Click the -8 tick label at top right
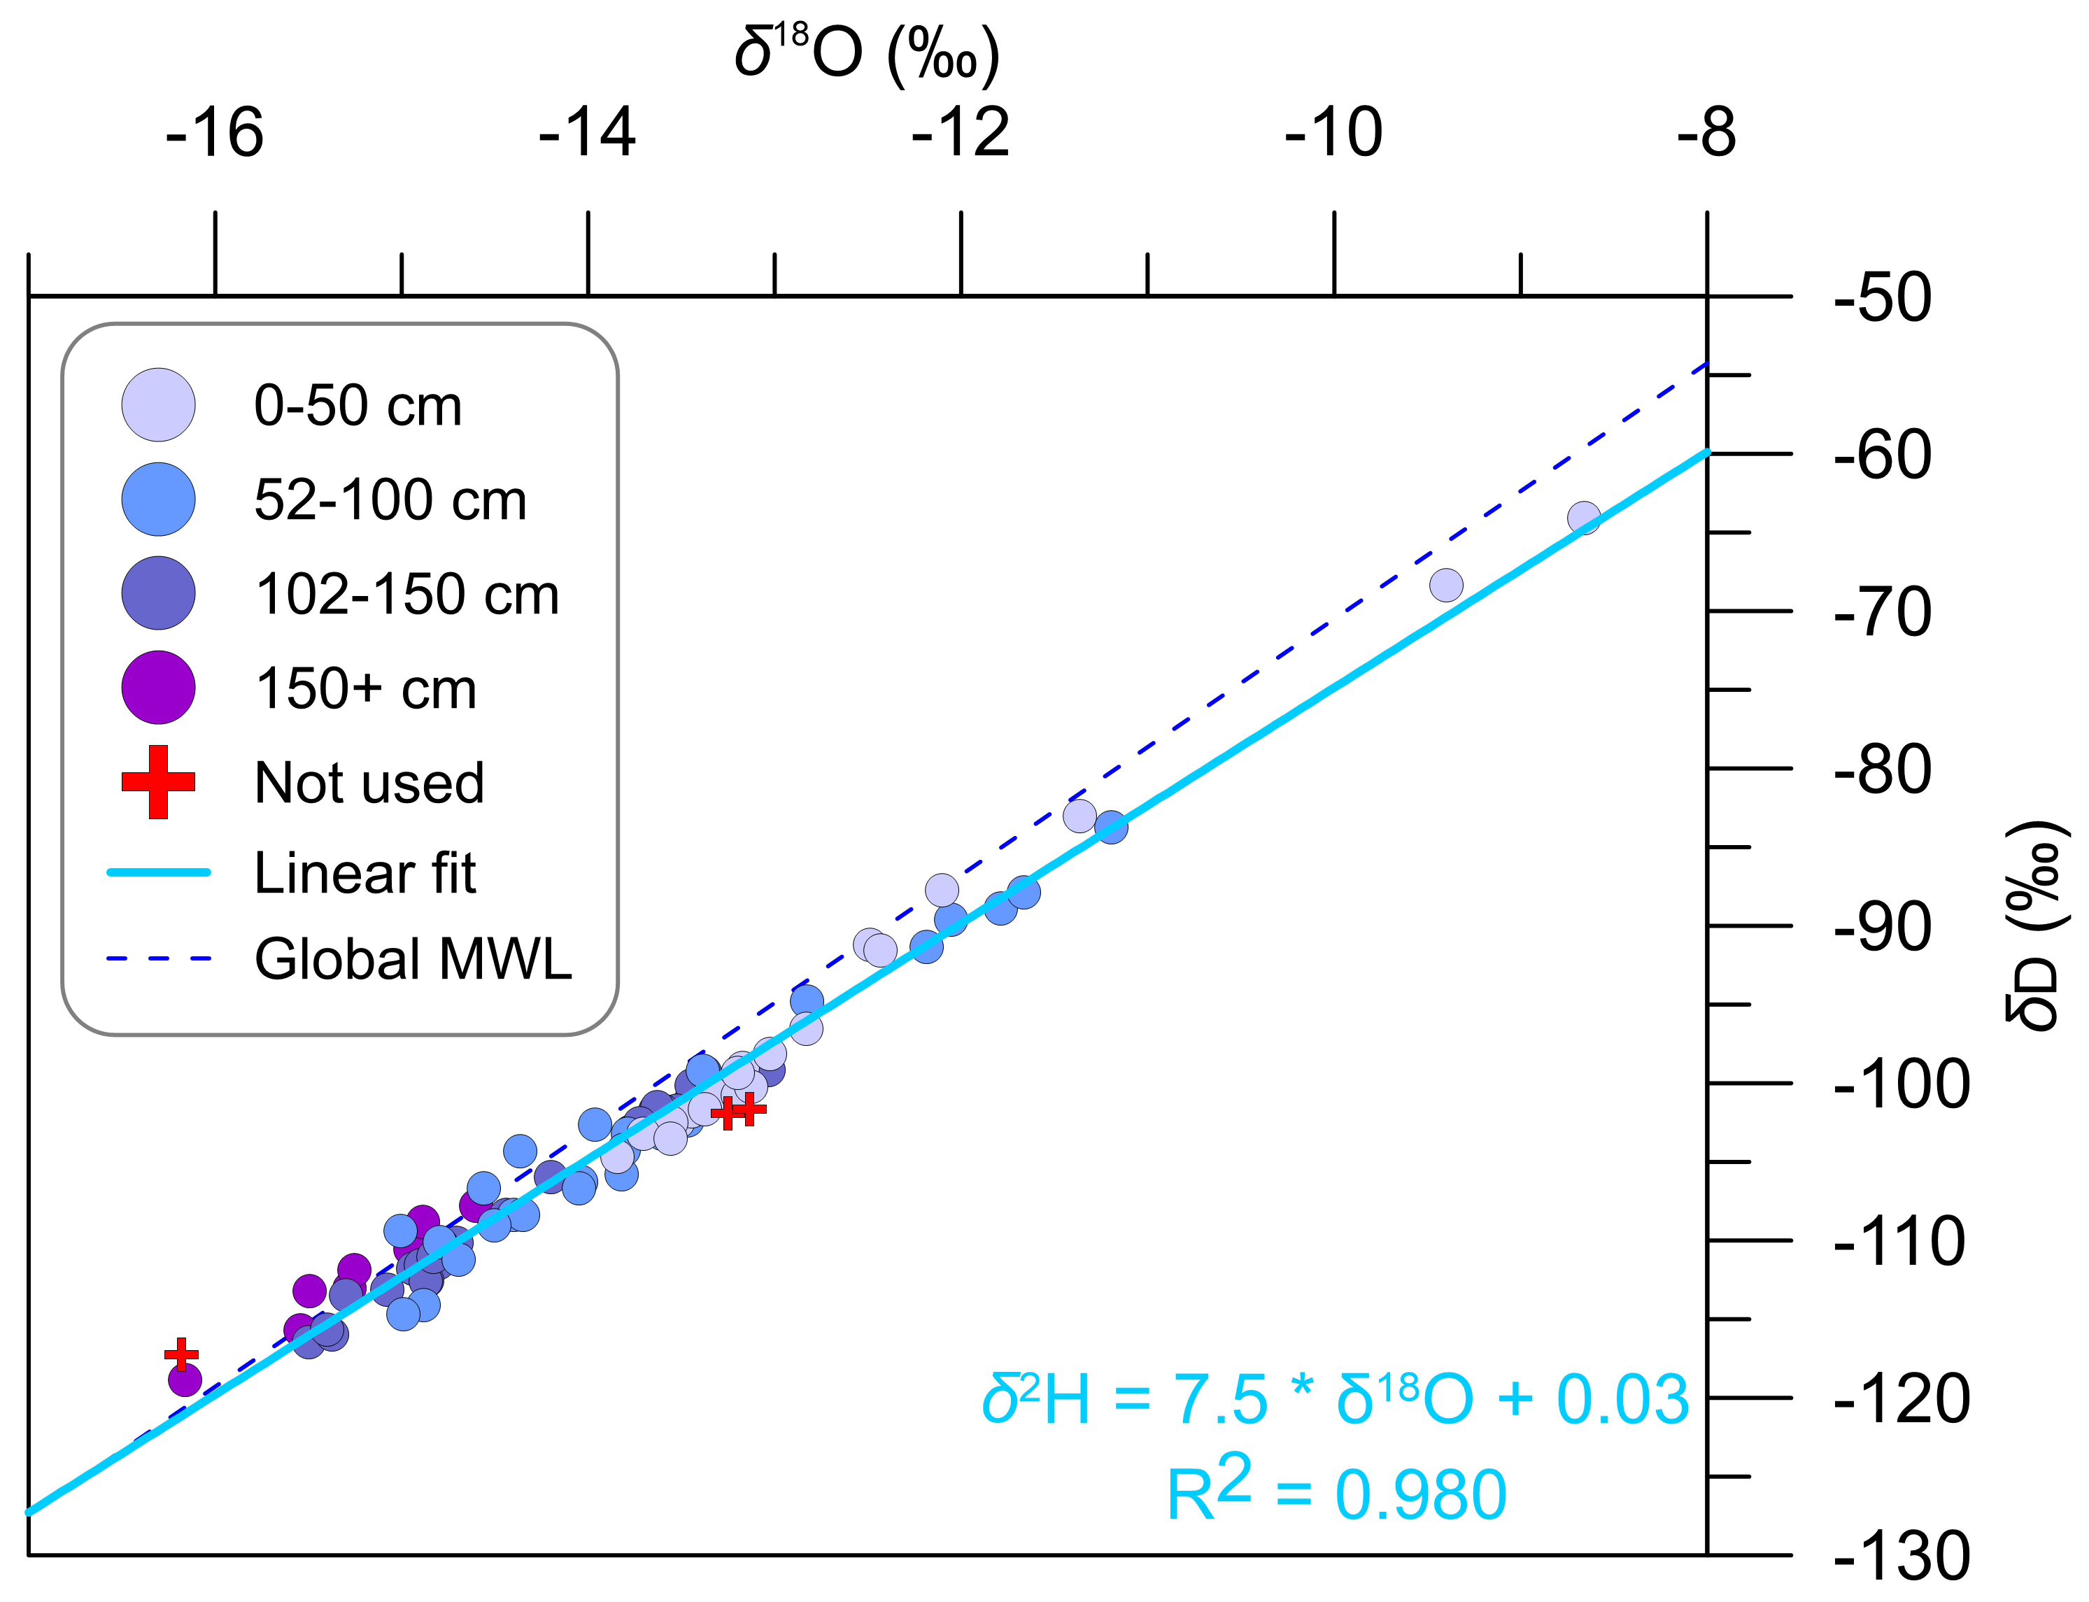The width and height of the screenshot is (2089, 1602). (1706, 134)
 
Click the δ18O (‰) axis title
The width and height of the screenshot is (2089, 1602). (867, 55)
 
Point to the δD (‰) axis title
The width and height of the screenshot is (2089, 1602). (2037, 925)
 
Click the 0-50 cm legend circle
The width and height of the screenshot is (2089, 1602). (158, 405)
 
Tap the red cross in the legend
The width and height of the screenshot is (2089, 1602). (158, 782)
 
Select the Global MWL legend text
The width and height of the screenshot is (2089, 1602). (413, 958)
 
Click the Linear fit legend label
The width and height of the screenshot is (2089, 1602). (364, 872)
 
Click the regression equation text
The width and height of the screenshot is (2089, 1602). (1335, 1401)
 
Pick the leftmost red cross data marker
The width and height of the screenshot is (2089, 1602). (181, 1354)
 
